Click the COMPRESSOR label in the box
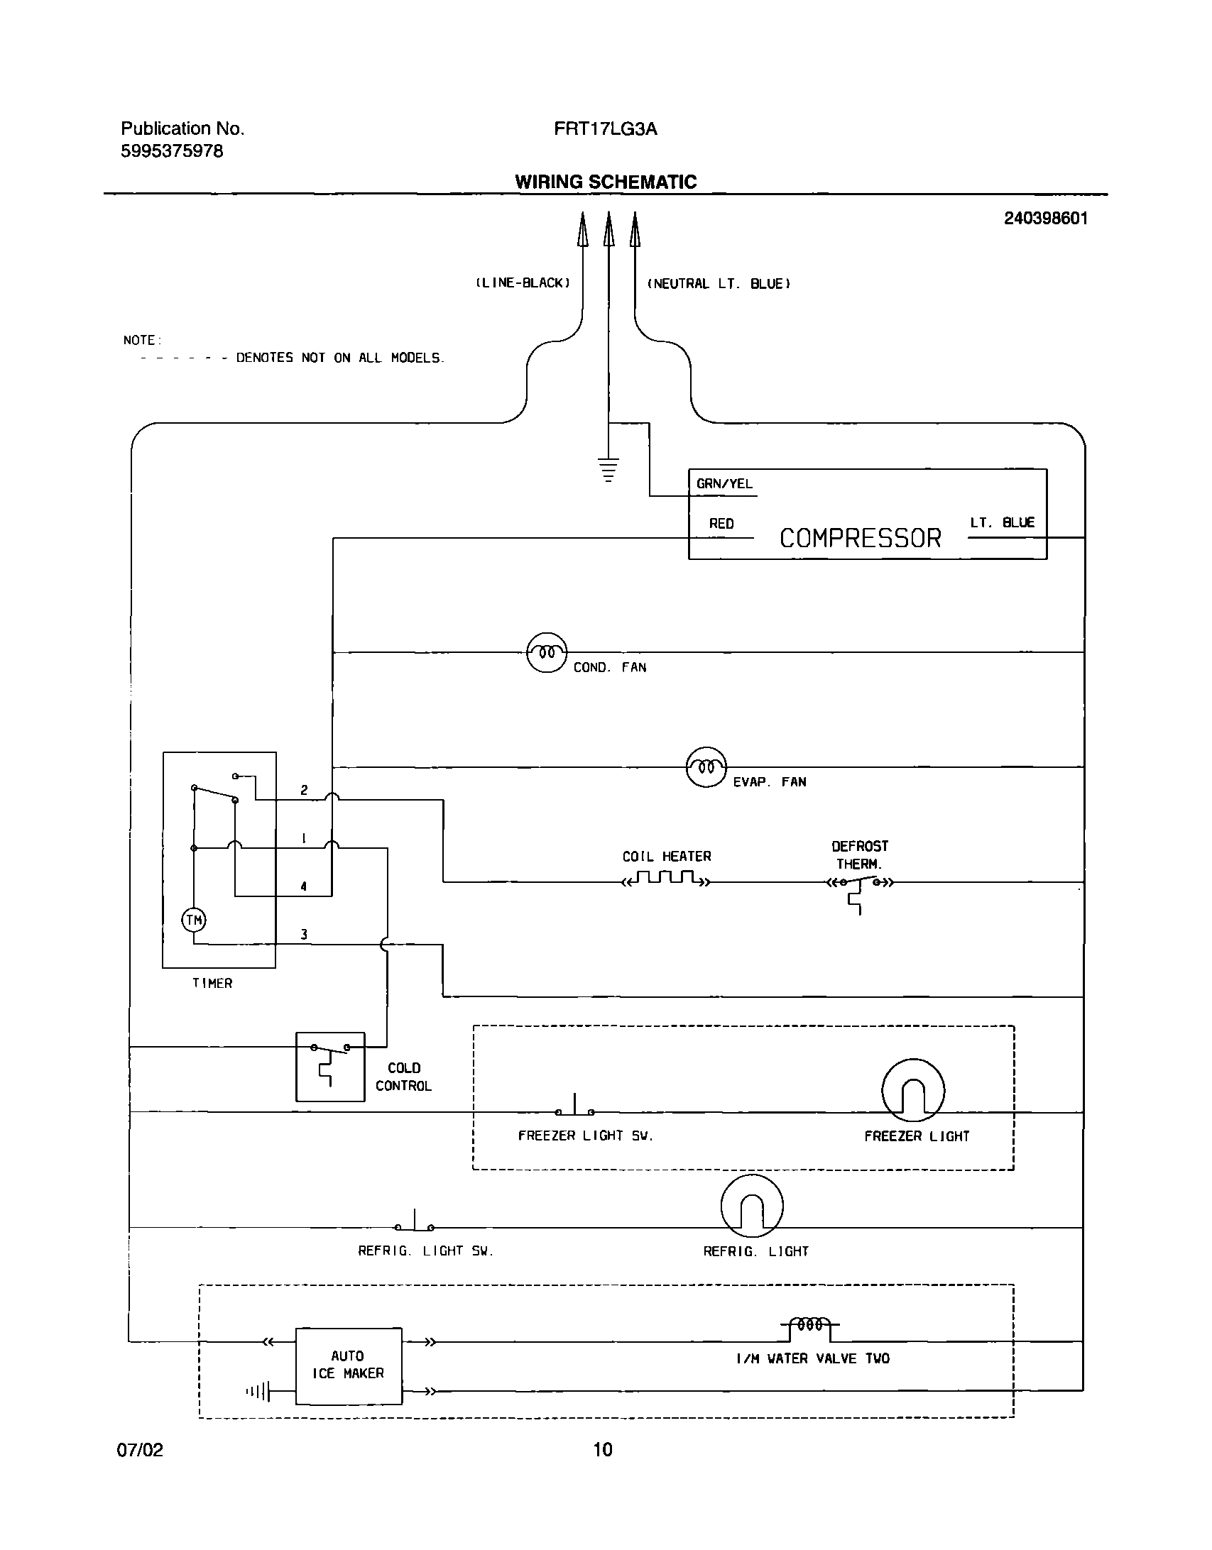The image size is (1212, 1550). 860,538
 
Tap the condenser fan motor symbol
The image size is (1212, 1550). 547,652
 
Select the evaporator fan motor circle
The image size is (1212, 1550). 706,766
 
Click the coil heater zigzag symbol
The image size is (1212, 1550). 665,881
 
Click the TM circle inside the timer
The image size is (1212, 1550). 194,920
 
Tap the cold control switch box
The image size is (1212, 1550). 330,1067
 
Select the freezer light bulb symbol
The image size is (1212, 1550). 913,1091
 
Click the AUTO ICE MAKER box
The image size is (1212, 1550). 349,1365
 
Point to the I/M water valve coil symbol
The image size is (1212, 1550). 810,1324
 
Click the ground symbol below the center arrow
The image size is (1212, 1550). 608,470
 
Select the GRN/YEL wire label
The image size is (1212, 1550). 724,484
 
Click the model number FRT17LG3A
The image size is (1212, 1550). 606,129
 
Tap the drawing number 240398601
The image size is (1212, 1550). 1045,219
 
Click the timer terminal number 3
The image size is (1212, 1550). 304,935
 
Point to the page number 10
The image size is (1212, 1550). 603,1449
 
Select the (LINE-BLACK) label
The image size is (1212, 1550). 523,283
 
